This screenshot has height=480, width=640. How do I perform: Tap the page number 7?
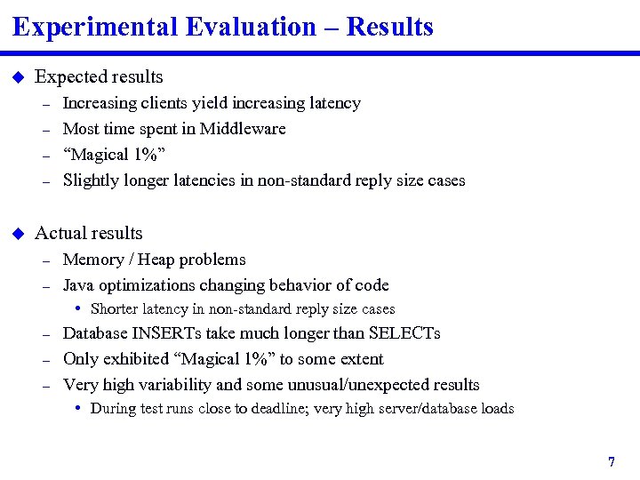point(612,462)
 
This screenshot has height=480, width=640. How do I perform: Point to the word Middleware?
point(243,129)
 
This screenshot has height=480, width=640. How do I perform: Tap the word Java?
point(78,285)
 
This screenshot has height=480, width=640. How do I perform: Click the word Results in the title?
point(389,28)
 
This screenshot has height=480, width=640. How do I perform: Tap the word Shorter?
point(116,309)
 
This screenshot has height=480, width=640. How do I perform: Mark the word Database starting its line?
point(96,333)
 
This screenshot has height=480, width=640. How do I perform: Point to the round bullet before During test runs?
point(79,409)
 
